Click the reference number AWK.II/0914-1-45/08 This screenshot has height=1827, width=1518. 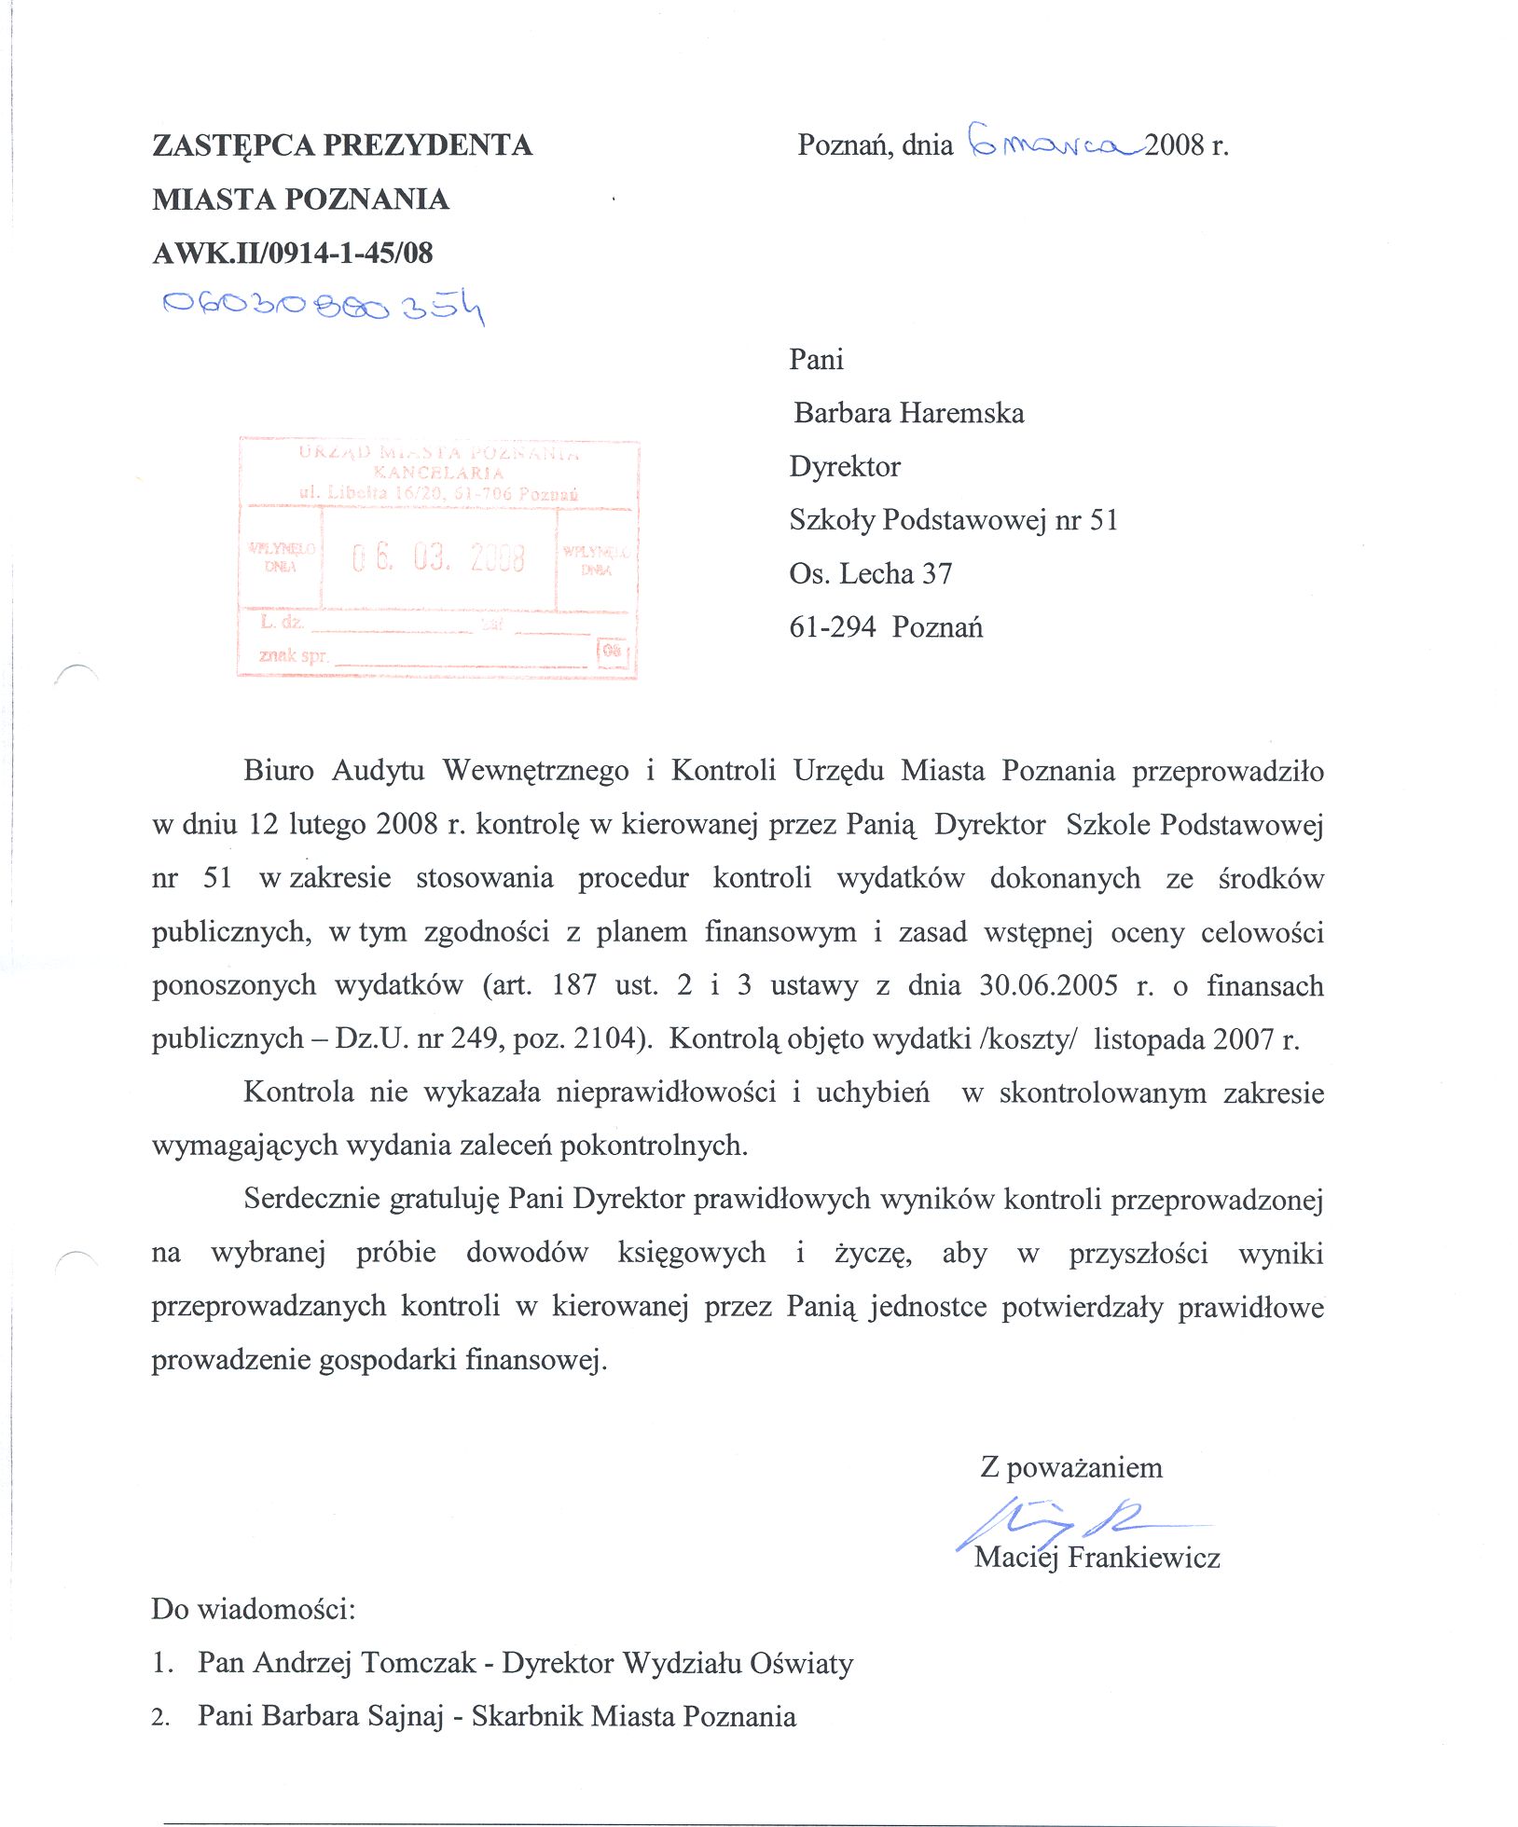point(292,253)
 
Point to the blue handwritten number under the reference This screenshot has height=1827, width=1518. point(323,306)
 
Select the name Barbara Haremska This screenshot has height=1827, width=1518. point(908,413)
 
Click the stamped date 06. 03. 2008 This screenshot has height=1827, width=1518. point(438,558)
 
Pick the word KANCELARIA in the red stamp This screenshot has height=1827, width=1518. point(438,473)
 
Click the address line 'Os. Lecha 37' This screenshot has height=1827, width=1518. point(870,573)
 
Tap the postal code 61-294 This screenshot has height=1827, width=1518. point(832,627)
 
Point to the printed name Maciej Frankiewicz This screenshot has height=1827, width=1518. point(1097,1558)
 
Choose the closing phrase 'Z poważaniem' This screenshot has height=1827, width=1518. point(1070,1468)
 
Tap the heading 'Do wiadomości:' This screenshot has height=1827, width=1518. point(254,1610)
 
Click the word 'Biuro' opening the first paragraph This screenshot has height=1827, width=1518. point(278,771)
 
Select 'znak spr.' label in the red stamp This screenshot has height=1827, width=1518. point(293,655)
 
